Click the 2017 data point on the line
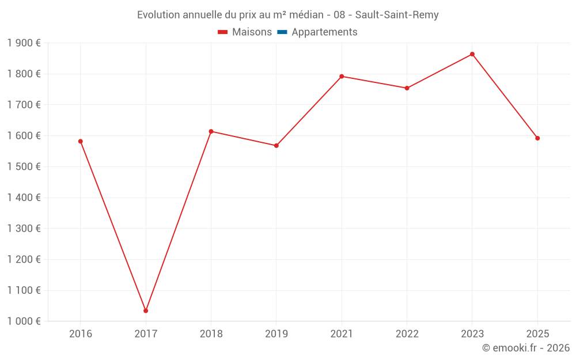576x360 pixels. click(x=146, y=310)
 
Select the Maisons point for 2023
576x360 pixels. click(x=472, y=54)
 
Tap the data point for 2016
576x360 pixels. click(x=81, y=141)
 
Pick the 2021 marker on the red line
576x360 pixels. click(x=342, y=76)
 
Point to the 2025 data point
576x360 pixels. click(x=537, y=138)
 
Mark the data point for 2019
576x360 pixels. click(x=276, y=146)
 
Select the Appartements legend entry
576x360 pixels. click(x=324, y=32)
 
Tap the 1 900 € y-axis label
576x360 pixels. click(x=24, y=43)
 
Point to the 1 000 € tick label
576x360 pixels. click(x=24, y=321)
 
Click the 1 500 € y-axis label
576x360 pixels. click(x=24, y=167)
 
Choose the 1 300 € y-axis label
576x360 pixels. click(x=24, y=229)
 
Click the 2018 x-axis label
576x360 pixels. click(x=211, y=334)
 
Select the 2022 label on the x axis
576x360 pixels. click(x=407, y=334)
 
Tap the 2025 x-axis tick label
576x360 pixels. click(x=537, y=334)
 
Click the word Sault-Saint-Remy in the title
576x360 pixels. click(x=397, y=15)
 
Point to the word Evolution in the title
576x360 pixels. click(x=159, y=15)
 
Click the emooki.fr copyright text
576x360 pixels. click(x=526, y=348)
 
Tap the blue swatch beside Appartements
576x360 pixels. click(x=282, y=32)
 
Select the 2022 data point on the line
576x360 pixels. click(x=407, y=88)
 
